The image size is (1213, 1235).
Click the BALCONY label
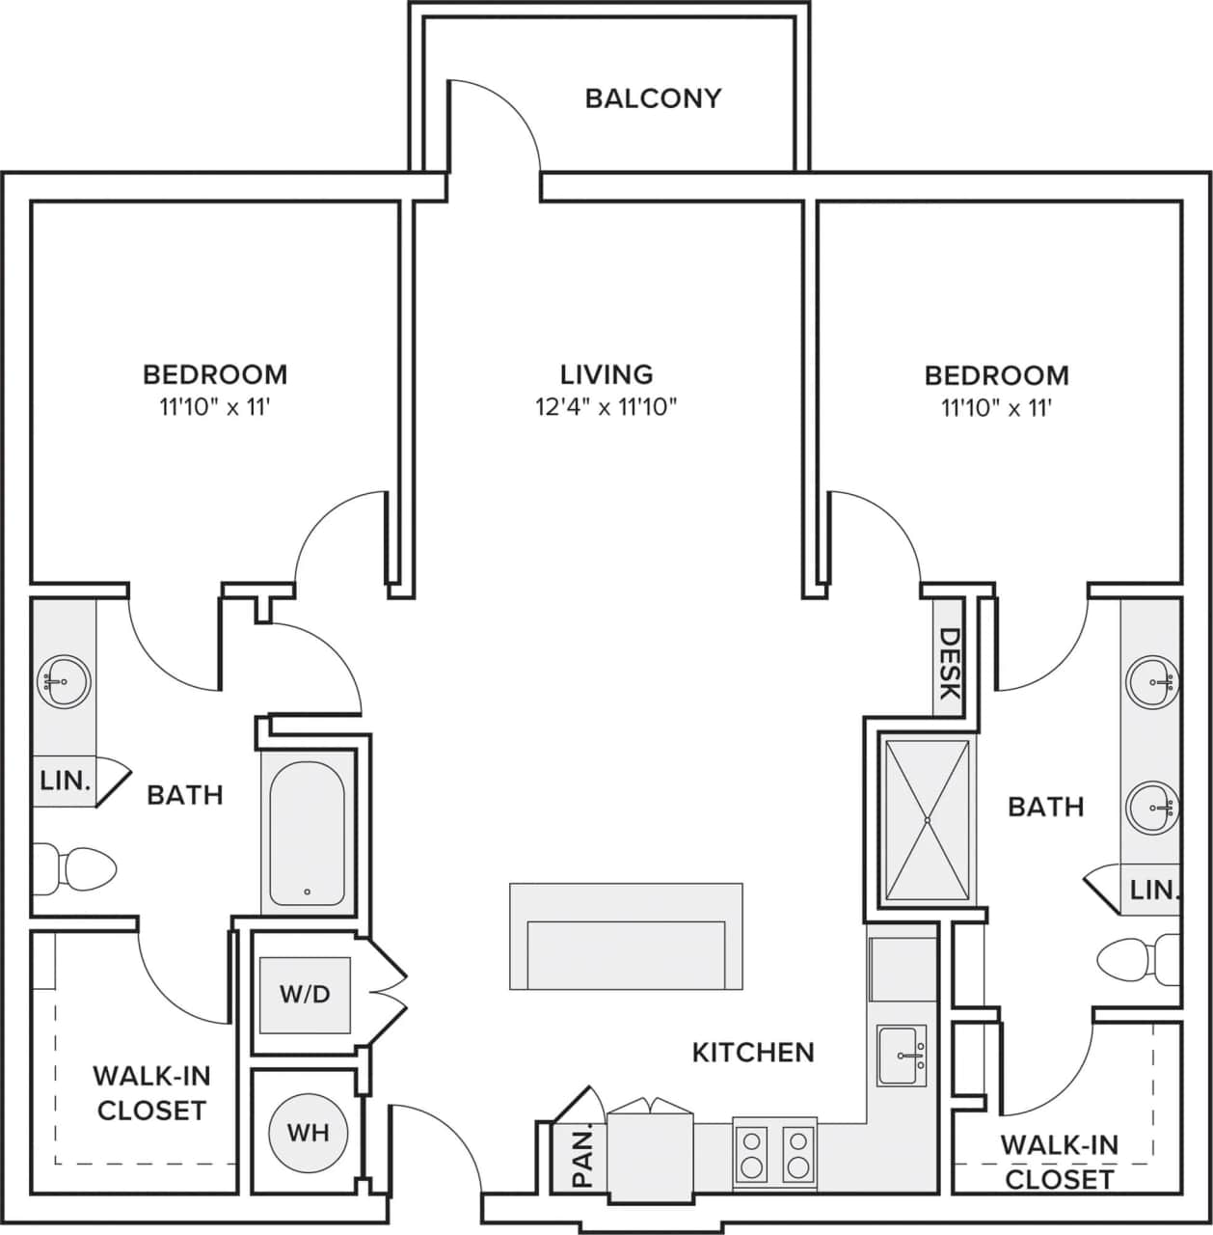pyautogui.click(x=653, y=98)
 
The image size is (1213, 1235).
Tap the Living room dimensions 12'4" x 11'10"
pyautogui.click(x=606, y=407)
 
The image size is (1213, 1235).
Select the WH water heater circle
pyautogui.click(x=308, y=1132)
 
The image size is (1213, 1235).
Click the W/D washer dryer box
pyautogui.click(x=305, y=994)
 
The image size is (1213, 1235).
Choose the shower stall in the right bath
pyautogui.click(x=927, y=820)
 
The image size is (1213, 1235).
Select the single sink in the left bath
pyautogui.click(x=63, y=681)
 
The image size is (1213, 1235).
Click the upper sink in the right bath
pyautogui.click(x=1153, y=680)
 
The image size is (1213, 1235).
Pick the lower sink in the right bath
pyautogui.click(x=1153, y=804)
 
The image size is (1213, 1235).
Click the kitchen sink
pyautogui.click(x=902, y=1055)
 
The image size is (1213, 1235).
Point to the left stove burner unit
pyautogui.click(x=751, y=1154)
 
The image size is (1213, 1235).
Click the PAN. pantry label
pyautogui.click(x=582, y=1157)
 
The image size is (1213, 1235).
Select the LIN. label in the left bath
pyautogui.click(x=65, y=781)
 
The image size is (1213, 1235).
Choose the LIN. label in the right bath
pyautogui.click(x=1154, y=890)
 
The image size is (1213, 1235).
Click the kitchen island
pyautogui.click(x=626, y=936)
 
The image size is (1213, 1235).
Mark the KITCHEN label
pyautogui.click(x=753, y=1052)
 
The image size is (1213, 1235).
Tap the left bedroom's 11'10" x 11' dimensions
pyautogui.click(x=214, y=407)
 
